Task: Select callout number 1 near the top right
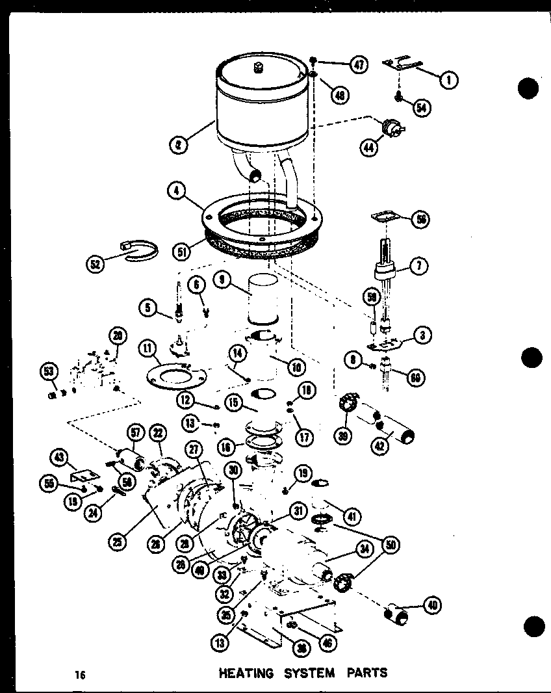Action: (x=448, y=80)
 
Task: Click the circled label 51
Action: (x=183, y=250)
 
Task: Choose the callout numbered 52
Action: (x=97, y=264)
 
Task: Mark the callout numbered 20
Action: (x=118, y=336)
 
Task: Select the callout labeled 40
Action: (x=431, y=606)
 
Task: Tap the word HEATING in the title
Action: (x=247, y=673)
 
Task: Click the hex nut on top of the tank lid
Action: (x=257, y=67)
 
